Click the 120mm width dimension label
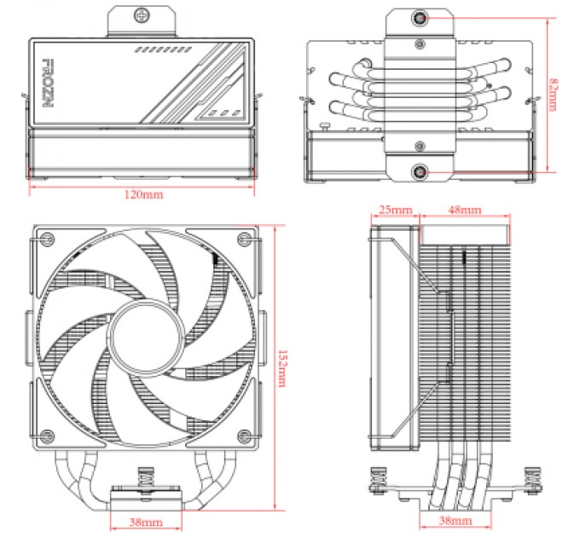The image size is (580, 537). (142, 194)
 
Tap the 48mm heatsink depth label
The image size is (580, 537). (464, 210)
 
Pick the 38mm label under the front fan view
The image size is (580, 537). (145, 520)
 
